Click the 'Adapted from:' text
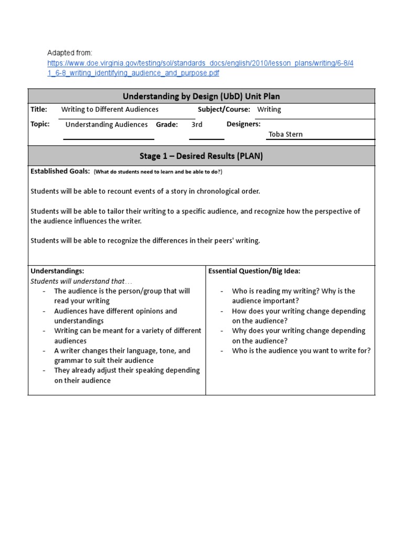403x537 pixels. pyautogui.click(x=70, y=53)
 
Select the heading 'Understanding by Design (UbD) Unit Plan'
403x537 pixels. pyautogui.click(x=201, y=96)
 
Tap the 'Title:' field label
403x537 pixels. pyautogui.click(x=39, y=110)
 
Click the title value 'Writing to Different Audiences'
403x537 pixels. pyautogui.click(x=110, y=110)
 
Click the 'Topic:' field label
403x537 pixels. pyautogui.click(x=40, y=124)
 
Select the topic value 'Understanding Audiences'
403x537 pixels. pyautogui.click(x=107, y=125)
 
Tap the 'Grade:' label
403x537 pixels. pyautogui.click(x=167, y=125)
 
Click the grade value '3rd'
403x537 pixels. pyautogui.click(x=197, y=125)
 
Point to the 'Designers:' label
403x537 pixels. pyautogui.click(x=243, y=124)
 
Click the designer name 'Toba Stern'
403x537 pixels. pyautogui.click(x=285, y=134)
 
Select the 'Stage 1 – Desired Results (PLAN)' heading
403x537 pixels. pyautogui.click(x=201, y=156)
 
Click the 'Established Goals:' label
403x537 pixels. pyautogui.click(x=60, y=171)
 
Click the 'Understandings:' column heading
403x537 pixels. pyautogui.click(x=57, y=271)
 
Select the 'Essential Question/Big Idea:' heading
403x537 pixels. pyautogui.click(x=254, y=271)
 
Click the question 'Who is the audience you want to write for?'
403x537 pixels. pyautogui.click(x=301, y=351)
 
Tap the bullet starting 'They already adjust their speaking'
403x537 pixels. pyautogui.click(x=127, y=371)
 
